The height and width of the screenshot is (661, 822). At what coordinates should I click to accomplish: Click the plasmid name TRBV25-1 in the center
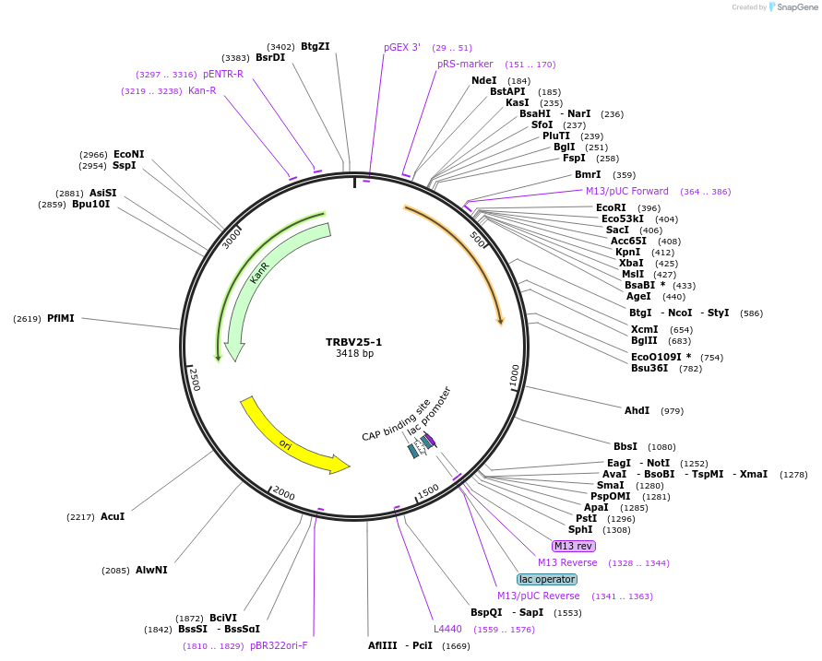(353, 342)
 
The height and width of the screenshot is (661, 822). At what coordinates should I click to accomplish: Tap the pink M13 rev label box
(573, 546)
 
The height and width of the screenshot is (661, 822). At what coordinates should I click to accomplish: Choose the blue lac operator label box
(547, 579)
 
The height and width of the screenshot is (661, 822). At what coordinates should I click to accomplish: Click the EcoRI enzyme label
(611, 207)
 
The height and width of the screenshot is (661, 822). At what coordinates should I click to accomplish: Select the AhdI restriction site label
(637, 410)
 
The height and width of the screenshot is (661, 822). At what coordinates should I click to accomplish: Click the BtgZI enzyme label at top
(315, 46)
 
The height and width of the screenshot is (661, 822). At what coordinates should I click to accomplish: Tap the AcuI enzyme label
(113, 516)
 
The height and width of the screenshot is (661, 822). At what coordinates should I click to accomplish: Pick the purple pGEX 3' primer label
(402, 47)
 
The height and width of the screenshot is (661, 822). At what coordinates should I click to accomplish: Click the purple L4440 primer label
(447, 629)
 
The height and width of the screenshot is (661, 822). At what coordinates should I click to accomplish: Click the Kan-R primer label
(202, 90)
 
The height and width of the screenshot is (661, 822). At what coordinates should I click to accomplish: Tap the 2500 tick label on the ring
(195, 379)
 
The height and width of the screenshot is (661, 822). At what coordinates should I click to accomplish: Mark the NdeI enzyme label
(483, 80)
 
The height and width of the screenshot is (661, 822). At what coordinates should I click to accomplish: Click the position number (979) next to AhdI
(673, 410)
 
